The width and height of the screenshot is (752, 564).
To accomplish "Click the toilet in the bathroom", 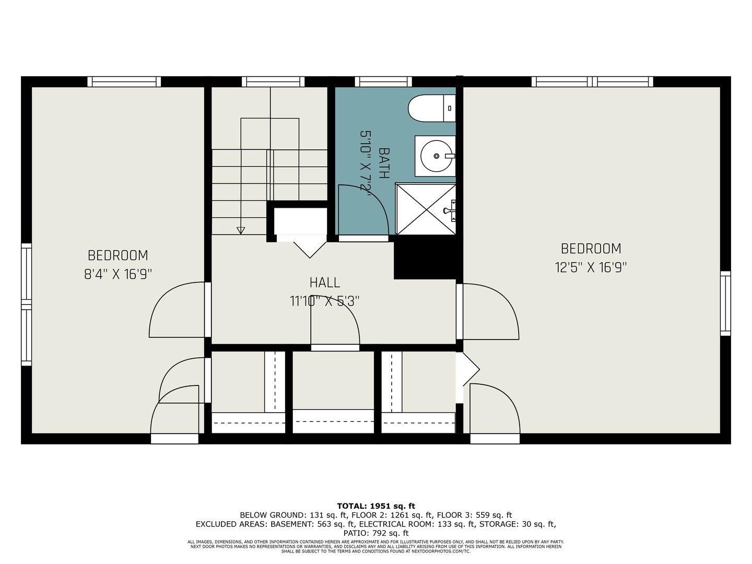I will [x=431, y=108].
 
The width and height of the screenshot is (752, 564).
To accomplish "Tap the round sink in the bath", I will [x=435, y=156].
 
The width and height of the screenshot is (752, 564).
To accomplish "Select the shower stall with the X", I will [x=426, y=209].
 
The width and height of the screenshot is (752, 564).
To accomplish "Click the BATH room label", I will [x=383, y=163].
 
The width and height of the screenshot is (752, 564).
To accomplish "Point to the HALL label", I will [x=325, y=283].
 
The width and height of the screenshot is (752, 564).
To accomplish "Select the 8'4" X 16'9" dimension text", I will [x=118, y=274].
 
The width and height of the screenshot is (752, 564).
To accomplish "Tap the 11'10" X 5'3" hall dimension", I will [x=325, y=301].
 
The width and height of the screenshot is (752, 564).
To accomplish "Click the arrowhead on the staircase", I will [x=241, y=230].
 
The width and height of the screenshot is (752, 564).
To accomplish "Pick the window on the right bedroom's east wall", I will [x=725, y=303].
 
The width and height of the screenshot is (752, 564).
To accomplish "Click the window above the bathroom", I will [x=383, y=81].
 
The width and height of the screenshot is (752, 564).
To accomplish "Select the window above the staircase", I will [x=273, y=81].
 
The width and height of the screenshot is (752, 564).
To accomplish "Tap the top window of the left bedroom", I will [x=124, y=81].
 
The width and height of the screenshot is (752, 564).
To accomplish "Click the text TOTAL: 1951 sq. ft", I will [x=375, y=506].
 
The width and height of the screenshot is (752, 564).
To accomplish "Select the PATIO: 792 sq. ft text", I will [x=375, y=533].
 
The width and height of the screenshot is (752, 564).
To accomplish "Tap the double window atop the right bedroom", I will [x=592, y=81].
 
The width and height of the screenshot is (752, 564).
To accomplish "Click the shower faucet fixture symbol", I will [x=449, y=210].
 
